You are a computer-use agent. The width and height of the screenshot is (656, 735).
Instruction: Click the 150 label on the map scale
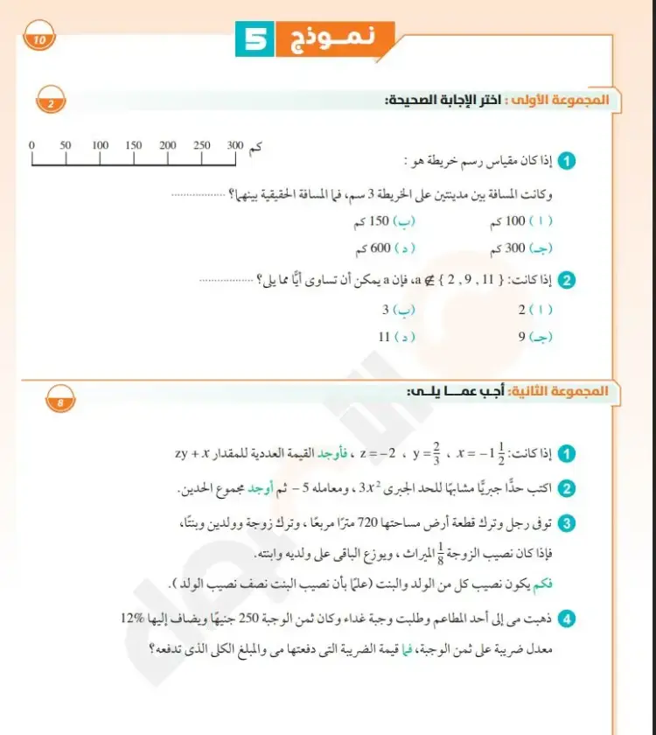[133, 145]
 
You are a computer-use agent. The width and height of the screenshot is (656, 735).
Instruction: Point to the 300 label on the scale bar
[235, 145]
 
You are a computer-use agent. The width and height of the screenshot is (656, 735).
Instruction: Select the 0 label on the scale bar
[31, 145]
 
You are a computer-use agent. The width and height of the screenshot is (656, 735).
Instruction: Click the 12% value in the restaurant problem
[136, 619]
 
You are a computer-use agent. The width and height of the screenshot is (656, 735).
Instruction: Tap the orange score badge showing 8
[60, 403]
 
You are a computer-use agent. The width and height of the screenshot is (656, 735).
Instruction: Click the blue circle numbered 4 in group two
[567, 619]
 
